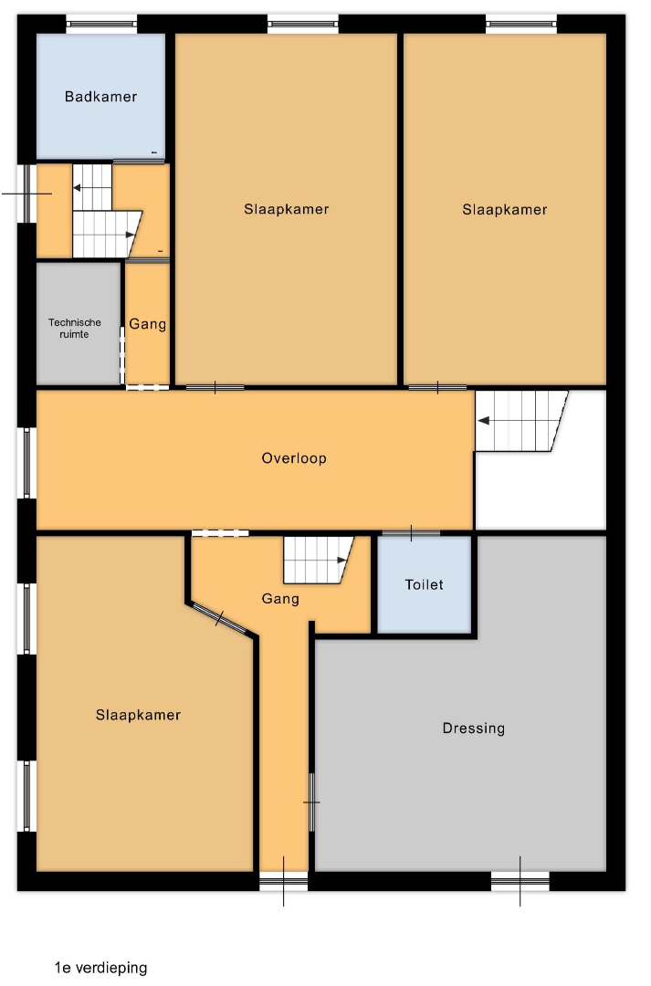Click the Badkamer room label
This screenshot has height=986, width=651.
click(x=100, y=97)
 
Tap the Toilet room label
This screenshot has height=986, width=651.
click(x=424, y=585)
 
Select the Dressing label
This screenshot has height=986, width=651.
click(x=474, y=729)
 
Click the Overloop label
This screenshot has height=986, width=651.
click(x=294, y=458)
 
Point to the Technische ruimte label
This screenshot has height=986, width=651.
click(x=74, y=329)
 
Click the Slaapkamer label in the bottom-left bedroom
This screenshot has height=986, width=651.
click(x=139, y=715)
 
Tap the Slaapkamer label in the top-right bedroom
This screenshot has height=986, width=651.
click(x=504, y=209)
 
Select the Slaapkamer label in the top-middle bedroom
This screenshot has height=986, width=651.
click(x=286, y=209)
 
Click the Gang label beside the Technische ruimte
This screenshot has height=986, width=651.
click(x=148, y=324)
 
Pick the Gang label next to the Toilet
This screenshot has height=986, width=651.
click(x=280, y=599)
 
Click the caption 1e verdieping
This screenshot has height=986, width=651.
click(x=100, y=968)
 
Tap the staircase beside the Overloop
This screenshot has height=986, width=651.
click(x=521, y=421)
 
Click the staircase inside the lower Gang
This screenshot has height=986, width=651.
click(x=319, y=560)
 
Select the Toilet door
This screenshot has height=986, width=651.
click(x=412, y=534)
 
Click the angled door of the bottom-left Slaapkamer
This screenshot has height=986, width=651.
click(x=219, y=618)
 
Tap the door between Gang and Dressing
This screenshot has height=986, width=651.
click(x=311, y=802)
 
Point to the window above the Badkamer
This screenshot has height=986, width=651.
click(x=101, y=24)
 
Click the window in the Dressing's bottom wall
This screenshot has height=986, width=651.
click(x=520, y=880)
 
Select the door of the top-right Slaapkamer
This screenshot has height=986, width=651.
click(x=437, y=387)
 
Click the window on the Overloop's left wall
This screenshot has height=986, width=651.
click(x=27, y=463)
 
